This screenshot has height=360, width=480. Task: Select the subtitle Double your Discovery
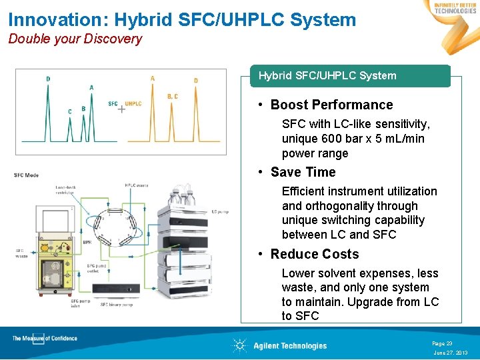tap(75, 39)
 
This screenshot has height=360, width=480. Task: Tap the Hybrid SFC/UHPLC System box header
tap(327, 76)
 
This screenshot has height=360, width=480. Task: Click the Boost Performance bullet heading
tap(331, 105)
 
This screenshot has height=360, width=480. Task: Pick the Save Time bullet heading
tap(303, 172)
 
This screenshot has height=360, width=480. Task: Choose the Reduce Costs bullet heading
tap(314, 254)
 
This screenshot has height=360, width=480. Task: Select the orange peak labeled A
tap(153, 107)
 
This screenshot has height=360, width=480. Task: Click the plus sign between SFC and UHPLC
tap(121, 109)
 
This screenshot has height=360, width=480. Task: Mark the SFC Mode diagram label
tap(27, 175)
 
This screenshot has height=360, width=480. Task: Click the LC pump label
tap(221, 213)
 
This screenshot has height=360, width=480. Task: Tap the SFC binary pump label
tap(117, 305)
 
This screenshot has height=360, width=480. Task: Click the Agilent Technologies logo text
tap(289, 345)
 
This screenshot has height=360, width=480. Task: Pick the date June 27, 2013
tap(450, 353)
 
